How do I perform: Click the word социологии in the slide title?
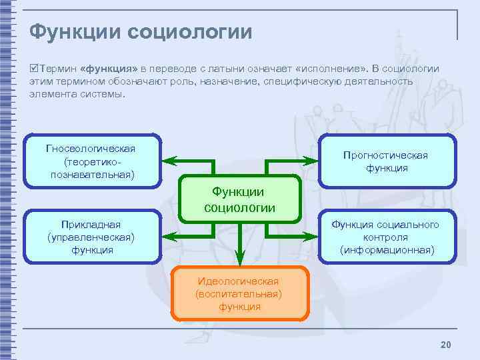click(x=193, y=31)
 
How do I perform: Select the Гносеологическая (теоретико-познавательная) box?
click(x=91, y=161)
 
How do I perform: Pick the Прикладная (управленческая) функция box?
click(x=91, y=237)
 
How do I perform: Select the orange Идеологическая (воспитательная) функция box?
click(x=239, y=293)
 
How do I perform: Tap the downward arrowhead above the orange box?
click(x=240, y=257)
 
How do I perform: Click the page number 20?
click(x=446, y=344)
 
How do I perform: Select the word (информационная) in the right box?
click(x=387, y=250)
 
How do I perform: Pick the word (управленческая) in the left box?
click(x=91, y=237)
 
